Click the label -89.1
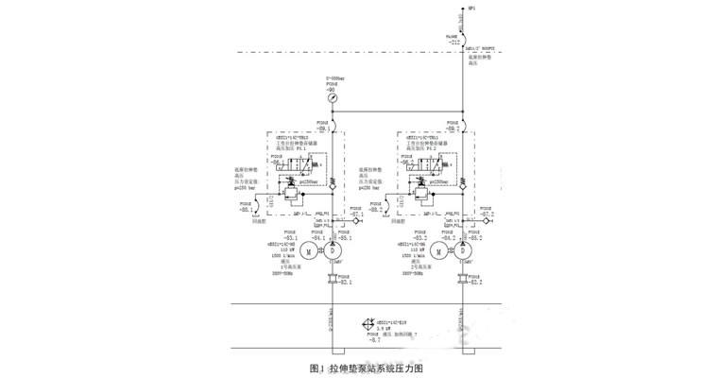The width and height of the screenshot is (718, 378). coord(322,129)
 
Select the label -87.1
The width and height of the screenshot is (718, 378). coord(357,215)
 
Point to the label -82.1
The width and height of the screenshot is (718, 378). coord(345,283)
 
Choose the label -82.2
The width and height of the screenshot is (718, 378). coord(475,283)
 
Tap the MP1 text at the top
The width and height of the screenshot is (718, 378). coord(471,9)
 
